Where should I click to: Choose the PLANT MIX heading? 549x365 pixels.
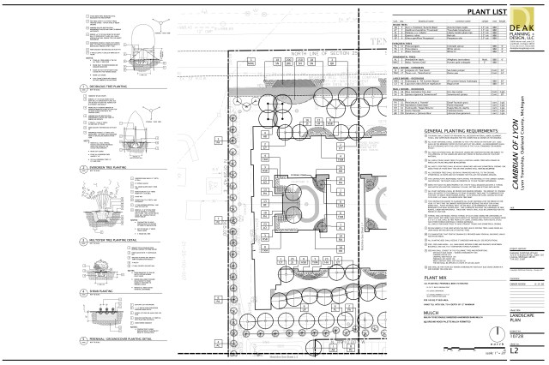pos(437,278)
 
